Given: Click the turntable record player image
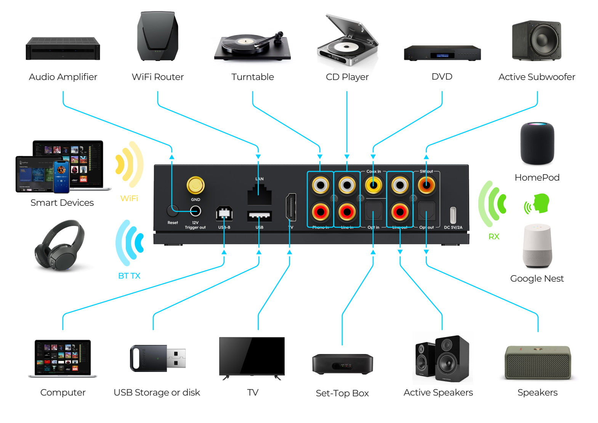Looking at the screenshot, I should [x=252, y=46].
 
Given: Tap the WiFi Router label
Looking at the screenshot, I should [x=157, y=77].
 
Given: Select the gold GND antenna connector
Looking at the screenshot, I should [x=195, y=186].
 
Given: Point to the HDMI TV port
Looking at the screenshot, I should [x=290, y=207].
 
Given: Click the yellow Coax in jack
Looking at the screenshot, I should [x=373, y=186].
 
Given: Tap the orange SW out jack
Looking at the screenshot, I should [x=426, y=186].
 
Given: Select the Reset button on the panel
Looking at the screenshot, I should [x=172, y=211].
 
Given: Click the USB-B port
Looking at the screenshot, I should [x=224, y=213].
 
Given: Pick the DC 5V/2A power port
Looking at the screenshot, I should [x=453, y=215].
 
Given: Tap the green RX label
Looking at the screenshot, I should [x=494, y=237].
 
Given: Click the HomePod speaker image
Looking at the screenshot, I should [x=537, y=143].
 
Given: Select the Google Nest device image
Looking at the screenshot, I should [x=537, y=246].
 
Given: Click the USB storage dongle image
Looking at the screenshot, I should [x=157, y=358].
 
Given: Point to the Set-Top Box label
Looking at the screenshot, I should [x=342, y=393].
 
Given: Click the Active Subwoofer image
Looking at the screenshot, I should [x=536, y=41].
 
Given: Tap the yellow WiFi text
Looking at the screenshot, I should [x=129, y=198].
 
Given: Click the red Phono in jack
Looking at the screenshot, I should [x=320, y=211].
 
